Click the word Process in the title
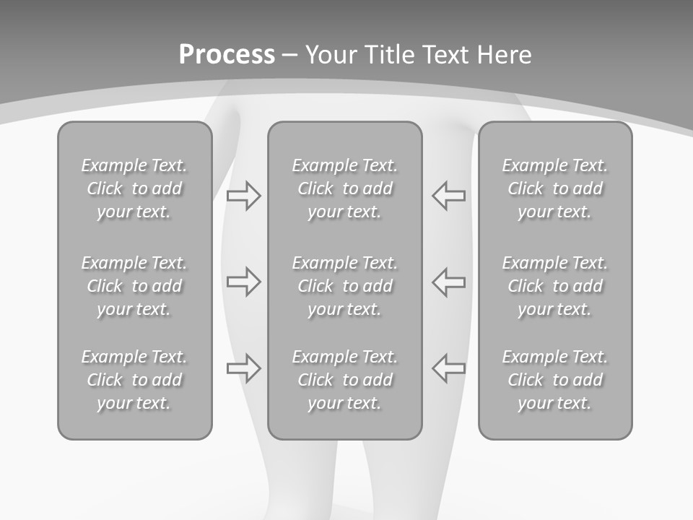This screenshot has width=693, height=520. point(227,54)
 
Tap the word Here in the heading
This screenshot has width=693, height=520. point(505,54)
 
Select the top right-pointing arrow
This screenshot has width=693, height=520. point(244,195)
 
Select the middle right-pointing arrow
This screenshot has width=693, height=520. point(244,281)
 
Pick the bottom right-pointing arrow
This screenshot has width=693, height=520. point(244,368)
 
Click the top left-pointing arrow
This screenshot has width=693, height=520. point(449,195)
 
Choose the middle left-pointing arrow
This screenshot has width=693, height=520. point(449,281)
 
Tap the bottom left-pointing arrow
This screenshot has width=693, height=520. point(449,368)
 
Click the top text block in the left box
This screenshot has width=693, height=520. point(134,188)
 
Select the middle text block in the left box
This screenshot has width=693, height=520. point(134,286)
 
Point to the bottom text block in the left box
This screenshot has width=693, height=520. point(134,380)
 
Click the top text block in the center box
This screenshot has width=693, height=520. point(345,188)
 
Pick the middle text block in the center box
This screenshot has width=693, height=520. point(345,286)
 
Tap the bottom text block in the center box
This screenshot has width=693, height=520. point(345,380)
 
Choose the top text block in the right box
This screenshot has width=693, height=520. point(555,188)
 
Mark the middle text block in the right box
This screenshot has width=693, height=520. point(555,286)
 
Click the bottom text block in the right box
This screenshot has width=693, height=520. point(555,380)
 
